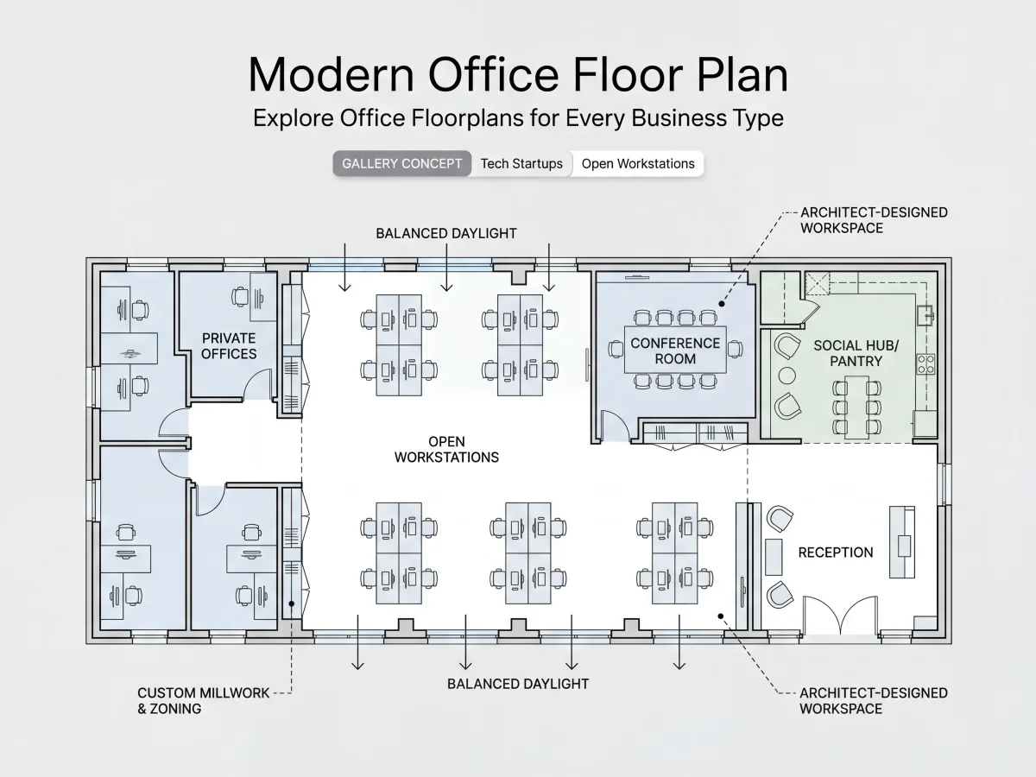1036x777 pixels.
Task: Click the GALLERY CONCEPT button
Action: point(401,164)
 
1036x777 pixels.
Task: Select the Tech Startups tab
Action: point(521,164)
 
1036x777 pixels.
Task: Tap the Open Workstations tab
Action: point(638,164)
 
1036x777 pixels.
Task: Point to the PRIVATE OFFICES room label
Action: point(229,346)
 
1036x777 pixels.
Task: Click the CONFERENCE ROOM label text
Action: point(675,351)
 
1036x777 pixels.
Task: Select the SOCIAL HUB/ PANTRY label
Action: point(856,353)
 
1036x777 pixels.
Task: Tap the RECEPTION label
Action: point(836,553)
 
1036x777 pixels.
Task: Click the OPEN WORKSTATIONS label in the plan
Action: point(446,449)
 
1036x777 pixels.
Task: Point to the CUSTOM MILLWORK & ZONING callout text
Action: point(204,700)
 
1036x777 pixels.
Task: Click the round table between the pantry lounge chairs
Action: point(786,376)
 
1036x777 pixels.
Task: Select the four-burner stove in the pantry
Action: point(925,364)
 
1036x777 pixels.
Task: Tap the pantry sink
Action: point(925,315)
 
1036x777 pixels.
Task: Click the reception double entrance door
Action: point(840,616)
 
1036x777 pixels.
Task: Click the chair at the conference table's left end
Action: point(616,349)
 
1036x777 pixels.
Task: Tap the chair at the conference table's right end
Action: point(735,349)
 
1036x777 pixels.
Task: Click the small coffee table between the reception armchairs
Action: point(774,557)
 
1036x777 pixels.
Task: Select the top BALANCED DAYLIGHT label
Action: point(446,233)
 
